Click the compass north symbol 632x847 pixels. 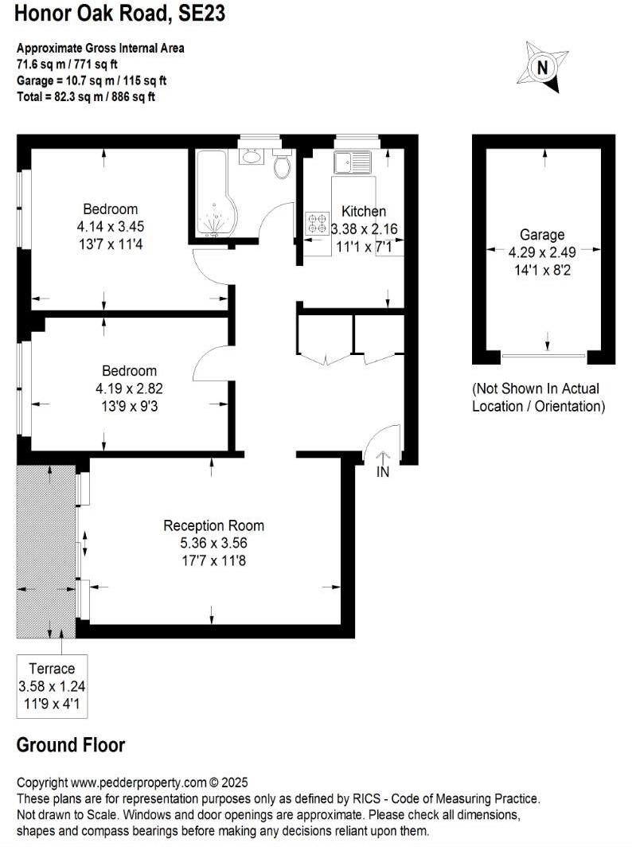(x=543, y=68)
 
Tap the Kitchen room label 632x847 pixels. (x=364, y=212)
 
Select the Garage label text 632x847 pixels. (x=542, y=235)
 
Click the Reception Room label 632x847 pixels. (x=213, y=526)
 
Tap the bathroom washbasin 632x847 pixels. (x=252, y=155)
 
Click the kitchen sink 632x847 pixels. (x=353, y=162)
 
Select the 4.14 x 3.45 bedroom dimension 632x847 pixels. (x=105, y=227)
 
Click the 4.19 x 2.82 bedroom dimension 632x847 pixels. (x=129, y=389)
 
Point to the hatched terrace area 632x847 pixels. (x=46, y=549)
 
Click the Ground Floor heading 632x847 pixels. (x=71, y=746)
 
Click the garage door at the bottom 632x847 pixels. (x=544, y=356)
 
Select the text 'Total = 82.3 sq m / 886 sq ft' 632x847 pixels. (x=86, y=96)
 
